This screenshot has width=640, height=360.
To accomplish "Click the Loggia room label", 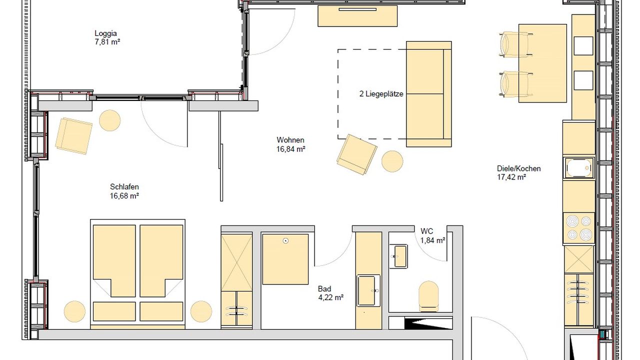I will click(x=105, y=33).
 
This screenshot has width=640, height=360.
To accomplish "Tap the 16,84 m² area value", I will click(x=291, y=149).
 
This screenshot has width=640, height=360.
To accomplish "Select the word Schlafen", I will click(x=124, y=187).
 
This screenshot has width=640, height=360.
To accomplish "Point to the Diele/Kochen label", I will click(x=518, y=168).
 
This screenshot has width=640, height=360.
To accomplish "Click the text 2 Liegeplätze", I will click(x=381, y=93).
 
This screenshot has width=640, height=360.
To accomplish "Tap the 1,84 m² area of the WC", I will click(x=433, y=240).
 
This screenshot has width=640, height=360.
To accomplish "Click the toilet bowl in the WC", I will click(x=428, y=295).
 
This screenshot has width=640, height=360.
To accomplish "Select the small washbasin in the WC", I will click(x=400, y=255).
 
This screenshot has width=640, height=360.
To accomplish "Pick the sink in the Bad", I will click(x=368, y=290).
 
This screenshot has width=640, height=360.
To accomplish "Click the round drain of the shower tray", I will click(x=285, y=241).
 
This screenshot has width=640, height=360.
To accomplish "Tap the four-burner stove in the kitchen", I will click(x=579, y=227).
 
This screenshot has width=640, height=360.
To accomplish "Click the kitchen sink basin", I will click(x=579, y=167).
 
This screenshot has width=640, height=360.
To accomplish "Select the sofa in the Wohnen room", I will click(x=428, y=94).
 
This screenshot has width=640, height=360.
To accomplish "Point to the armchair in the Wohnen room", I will click(x=356, y=154).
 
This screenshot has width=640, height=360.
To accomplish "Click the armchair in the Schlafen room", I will click(x=73, y=135).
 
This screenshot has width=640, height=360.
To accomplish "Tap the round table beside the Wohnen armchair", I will click(x=392, y=161).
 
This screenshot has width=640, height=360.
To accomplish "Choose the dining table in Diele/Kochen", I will click(x=542, y=63).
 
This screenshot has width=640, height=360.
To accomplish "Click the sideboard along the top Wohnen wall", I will click(x=357, y=16).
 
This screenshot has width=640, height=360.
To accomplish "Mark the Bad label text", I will click(x=324, y=289).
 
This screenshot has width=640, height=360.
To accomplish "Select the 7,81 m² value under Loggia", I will click(x=107, y=42).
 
